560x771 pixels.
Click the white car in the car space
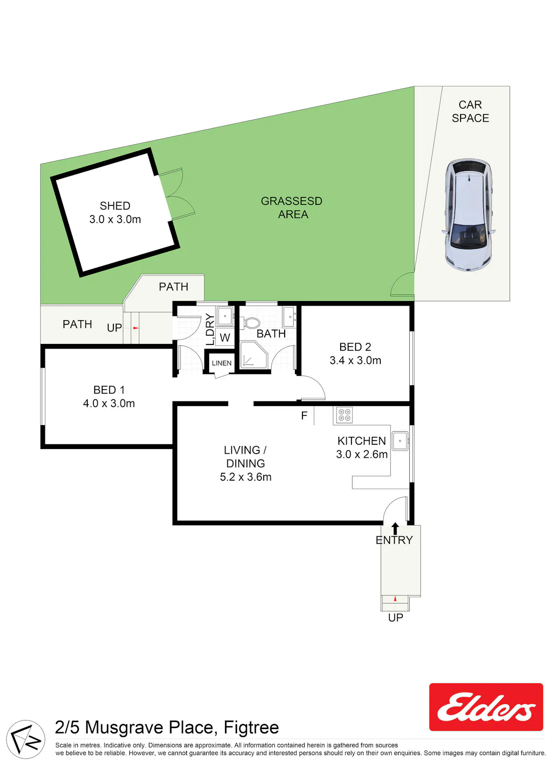click(469, 215)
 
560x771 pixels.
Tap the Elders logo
click(486, 707)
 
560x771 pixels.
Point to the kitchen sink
click(400, 441)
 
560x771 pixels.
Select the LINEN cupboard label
click(222, 363)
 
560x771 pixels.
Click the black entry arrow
click(395, 528)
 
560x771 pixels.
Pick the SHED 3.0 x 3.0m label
click(115, 212)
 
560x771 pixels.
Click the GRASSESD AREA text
click(292, 208)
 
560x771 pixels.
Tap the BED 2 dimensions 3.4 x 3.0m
click(356, 360)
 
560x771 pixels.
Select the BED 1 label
click(109, 390)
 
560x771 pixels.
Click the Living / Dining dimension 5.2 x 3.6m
click(246, 477)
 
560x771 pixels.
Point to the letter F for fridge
click(304, 416)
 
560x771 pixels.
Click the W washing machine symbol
click(225, 337)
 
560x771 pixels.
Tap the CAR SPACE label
click(470, 111)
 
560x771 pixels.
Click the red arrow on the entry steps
click(395, 599)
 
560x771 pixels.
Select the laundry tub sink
click(225, 315)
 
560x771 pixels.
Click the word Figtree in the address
click(251, 727)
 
